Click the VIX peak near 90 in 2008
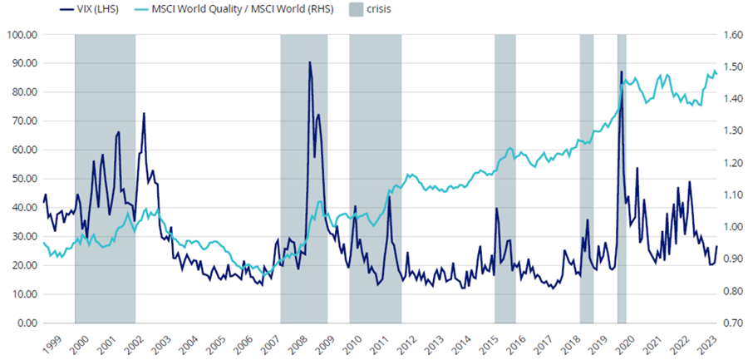[x=310, y=62]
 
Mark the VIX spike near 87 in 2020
[x=621, y=72]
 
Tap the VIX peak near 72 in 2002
[x=144, y=113]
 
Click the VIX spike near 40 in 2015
[x=496, y=208]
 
